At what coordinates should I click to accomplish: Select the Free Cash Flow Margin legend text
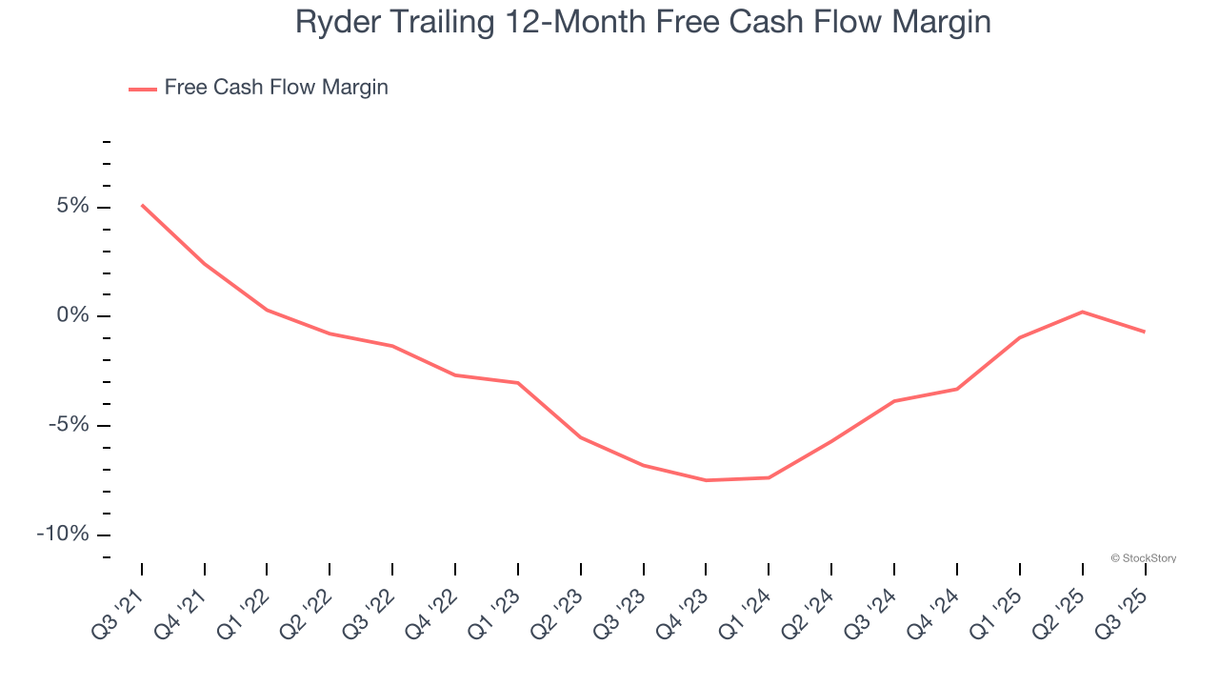pos(276,88)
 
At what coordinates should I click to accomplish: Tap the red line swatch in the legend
pos(143,90)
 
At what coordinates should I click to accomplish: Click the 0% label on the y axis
pos(75,315)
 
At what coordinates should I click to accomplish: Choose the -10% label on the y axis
pos(65,534)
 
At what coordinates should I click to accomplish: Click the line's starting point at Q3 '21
pos(142,205)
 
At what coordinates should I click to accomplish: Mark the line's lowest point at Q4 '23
pos(706,480)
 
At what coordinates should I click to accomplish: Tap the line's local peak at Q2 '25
pos(1082,312)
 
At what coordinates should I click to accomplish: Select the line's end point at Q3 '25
pos(1144,332)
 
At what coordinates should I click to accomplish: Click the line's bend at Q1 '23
pos(518,383)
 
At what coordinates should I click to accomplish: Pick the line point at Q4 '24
pos(956,389)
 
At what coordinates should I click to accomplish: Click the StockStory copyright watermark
pos(1143,558)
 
